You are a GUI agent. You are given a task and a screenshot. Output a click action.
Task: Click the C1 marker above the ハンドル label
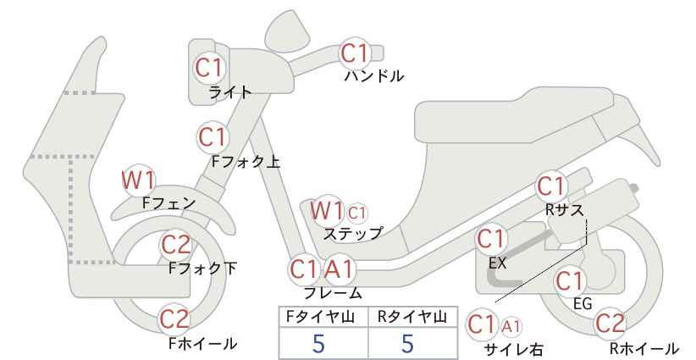[355, 53]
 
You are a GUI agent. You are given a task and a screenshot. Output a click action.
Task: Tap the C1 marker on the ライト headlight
[208, 68]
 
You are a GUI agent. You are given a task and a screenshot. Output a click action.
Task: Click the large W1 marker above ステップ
[327, 210]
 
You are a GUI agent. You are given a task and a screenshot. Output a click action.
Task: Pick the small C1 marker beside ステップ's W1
[356, 213]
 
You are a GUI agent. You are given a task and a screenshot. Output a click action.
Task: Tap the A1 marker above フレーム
[340, 269]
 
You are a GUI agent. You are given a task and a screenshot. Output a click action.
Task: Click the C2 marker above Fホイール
[175, 319]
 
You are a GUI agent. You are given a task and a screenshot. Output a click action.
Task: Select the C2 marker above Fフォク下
[176, 245]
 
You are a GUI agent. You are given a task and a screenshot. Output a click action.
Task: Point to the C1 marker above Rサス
[551, 186]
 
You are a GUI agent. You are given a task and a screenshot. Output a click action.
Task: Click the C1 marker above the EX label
[490, 239]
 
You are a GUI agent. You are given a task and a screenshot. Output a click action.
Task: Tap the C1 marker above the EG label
[570, 280]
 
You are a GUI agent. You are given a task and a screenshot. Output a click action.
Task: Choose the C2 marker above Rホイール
[610, 324]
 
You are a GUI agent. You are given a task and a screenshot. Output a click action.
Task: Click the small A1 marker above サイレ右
[511, 327]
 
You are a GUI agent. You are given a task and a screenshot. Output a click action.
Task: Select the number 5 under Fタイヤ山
[318, 344]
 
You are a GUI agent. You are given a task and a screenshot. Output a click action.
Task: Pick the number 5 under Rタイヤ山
[407, 344]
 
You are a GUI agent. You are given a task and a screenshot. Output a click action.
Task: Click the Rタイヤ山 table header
[412, 317]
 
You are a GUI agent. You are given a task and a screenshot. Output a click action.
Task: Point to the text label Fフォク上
[246, 161]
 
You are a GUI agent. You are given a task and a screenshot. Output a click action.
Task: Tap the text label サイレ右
[514, 349]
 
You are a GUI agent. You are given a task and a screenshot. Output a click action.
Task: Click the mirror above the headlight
[288, 31]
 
